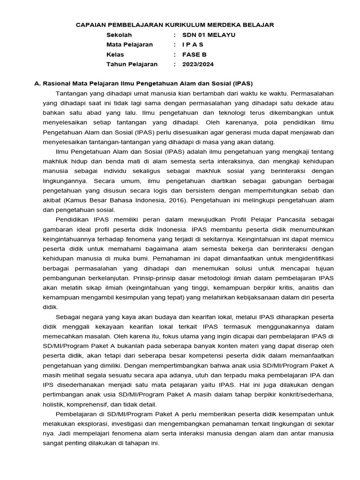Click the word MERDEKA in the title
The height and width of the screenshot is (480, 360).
click(x=221, y=25)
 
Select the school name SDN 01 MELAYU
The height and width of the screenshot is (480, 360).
click(x=209, y=35)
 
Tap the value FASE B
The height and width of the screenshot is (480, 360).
click(x=194, y=54)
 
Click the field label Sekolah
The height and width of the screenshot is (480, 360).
click(x=119, y=35)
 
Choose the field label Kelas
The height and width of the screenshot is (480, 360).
click(x=115, y=54)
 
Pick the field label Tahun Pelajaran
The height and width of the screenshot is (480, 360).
click(x=132, y=64)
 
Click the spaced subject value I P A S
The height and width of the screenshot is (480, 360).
click(x=193, y=45)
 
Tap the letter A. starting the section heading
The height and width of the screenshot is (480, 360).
click(x=38, y=83)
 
